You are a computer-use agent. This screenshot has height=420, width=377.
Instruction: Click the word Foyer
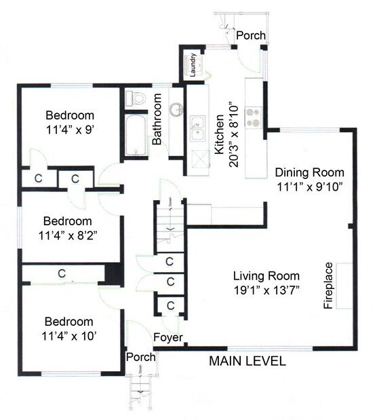(166, 337)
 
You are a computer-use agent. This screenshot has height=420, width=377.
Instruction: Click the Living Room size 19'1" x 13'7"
(266, 289)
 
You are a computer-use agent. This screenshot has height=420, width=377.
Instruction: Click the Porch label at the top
(250, 35)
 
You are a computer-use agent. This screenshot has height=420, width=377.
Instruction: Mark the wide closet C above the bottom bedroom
(61, 273)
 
